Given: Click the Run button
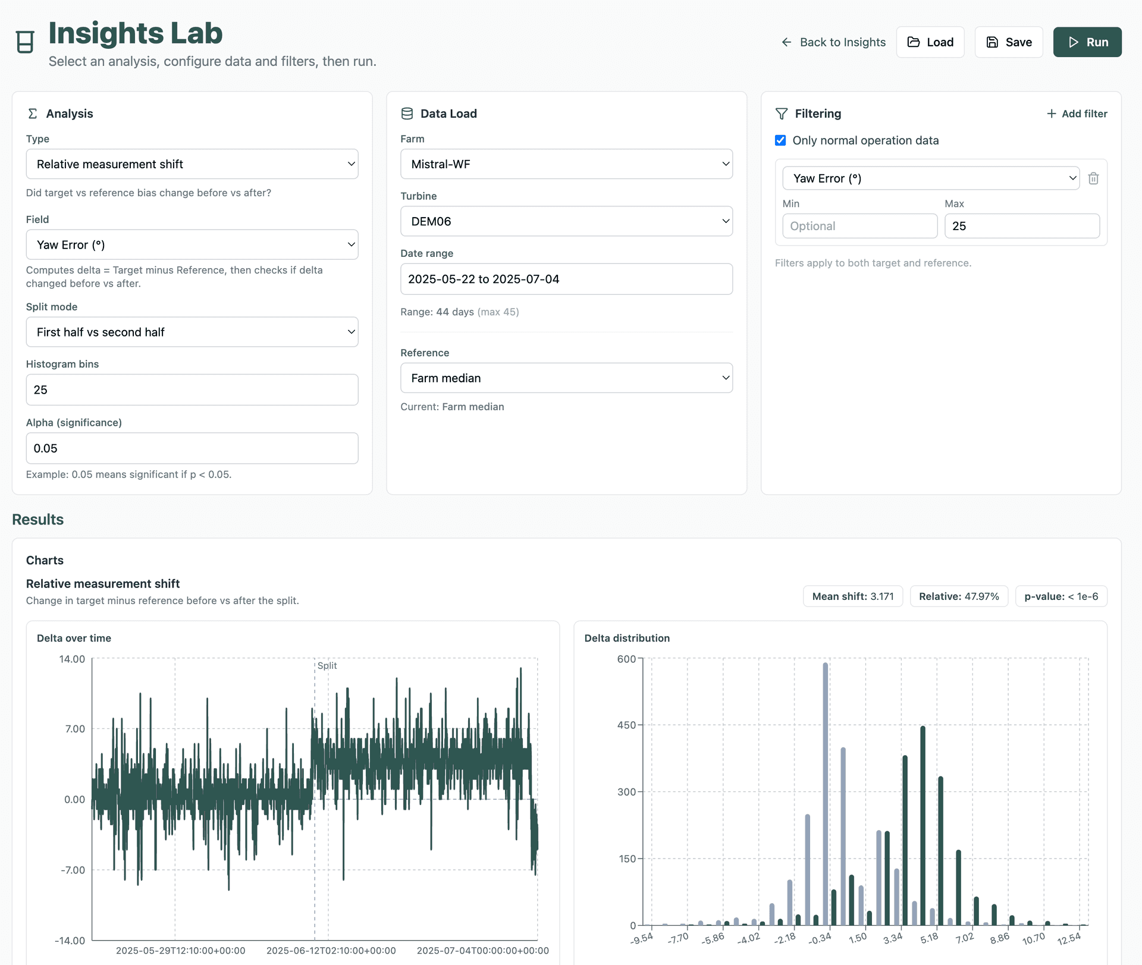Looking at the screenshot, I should [1087, 42].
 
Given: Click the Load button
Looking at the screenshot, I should [930, 42].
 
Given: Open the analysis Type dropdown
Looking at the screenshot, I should [192, 164].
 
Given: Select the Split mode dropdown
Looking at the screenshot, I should [192, 332].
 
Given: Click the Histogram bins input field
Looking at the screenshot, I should [192, 390].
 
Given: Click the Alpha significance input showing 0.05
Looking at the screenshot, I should [192, 448].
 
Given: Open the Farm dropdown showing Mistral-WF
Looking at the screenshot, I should [566, 164].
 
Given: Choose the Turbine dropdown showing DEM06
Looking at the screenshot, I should [566, 221].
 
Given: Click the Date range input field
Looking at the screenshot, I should [566, 279].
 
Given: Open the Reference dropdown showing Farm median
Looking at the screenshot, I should [566, 378].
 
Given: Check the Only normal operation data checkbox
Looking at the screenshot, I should [780, 141].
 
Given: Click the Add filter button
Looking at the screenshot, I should [1077, 114].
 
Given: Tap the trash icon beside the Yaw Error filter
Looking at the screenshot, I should [1093, 178].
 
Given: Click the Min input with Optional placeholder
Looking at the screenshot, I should [859, 227].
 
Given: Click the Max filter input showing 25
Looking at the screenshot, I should [1021, 227].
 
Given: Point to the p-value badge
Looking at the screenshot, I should [1061, 596].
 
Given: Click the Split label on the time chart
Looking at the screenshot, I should [327, 666].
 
